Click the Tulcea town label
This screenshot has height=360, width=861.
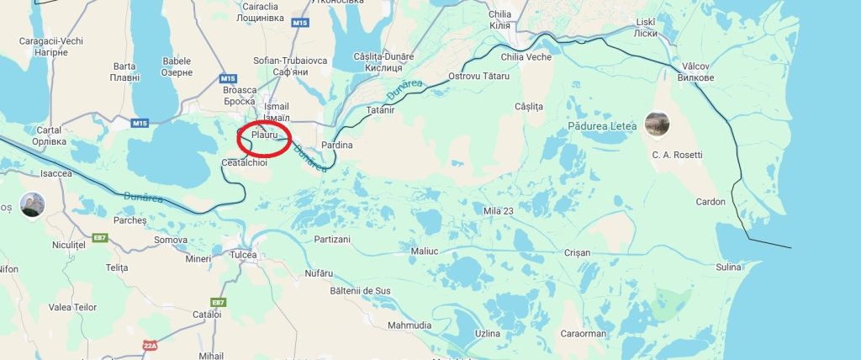[x=243, y=255]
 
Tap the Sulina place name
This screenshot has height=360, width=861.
[x=728, y=267]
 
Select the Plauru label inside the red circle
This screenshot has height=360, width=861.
[x=263, y=135]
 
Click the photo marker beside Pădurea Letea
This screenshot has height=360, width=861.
[x=657, y=124]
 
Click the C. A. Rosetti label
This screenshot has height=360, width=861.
[x=676, y=156]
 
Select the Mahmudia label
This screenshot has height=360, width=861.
[x=409, y=326]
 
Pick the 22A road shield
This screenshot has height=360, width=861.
[x=151, y=346]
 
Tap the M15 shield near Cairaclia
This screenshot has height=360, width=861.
[x=300, y=23]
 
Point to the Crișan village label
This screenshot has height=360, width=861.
[x=578, y=253]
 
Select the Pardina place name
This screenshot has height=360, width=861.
[x=337, y=146]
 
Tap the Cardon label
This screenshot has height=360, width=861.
[x=710, y=202]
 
